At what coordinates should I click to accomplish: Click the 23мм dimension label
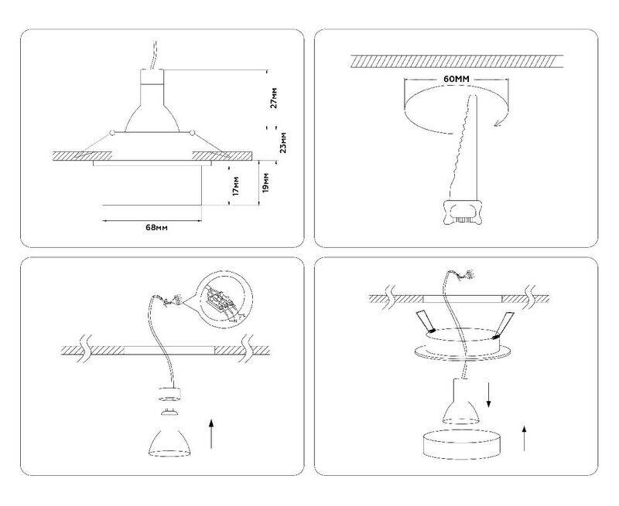point(282,142)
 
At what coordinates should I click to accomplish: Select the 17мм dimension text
point(236,186)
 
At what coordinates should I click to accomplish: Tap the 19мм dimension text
point(265,182)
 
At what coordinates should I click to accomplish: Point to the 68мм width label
point(157,227)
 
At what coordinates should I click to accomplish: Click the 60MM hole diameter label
point(457,79)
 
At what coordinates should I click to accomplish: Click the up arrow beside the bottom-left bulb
point(211,434)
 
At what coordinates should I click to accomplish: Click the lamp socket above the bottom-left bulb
point(169,393)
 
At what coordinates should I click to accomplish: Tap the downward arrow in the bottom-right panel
point(489,394)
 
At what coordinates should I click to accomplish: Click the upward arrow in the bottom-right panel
point(525,438)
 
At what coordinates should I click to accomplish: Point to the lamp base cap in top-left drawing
point(152,76)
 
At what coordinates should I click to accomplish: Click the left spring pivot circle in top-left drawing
point(112,132)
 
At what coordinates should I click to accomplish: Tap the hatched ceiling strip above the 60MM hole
point(457,62)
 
